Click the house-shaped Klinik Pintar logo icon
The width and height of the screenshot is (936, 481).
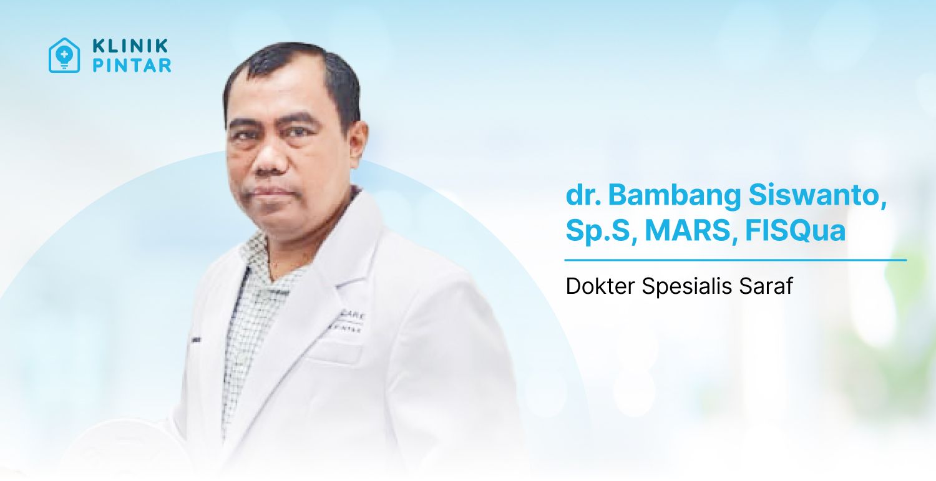(x=64, y=56)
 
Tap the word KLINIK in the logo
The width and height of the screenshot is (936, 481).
(x=130, y=46)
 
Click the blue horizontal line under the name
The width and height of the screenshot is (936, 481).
(x=735, y=260)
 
